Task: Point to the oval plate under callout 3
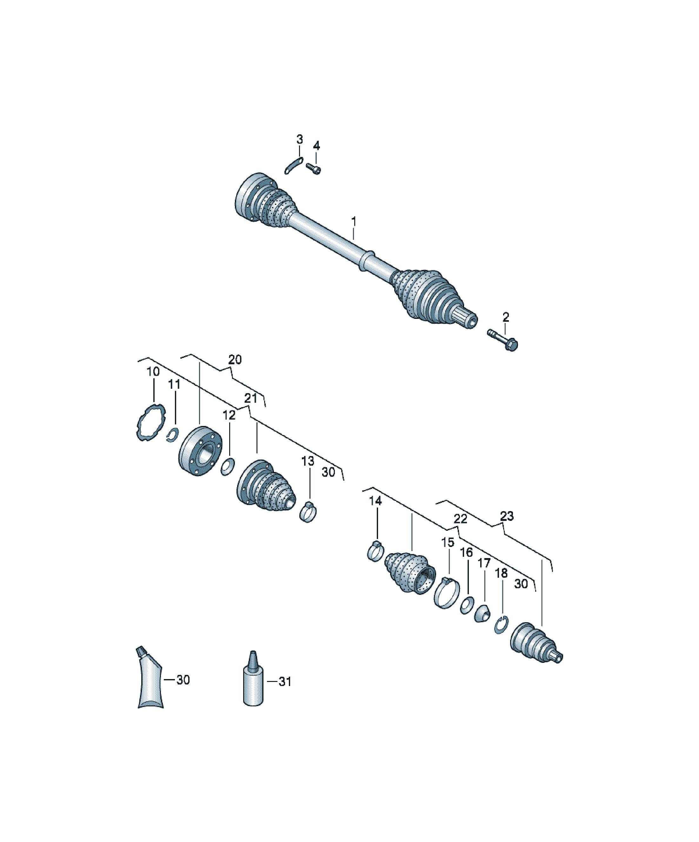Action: pyautogui.click(x=293, y=166)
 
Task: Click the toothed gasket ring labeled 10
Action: pyautogui.click(x=151, y=423)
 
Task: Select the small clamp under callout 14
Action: pyautogui.click(x=376, y=552)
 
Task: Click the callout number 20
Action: pyautogui.click(x=235, y=359)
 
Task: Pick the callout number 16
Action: pyautogui.click(x=466, y=553)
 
